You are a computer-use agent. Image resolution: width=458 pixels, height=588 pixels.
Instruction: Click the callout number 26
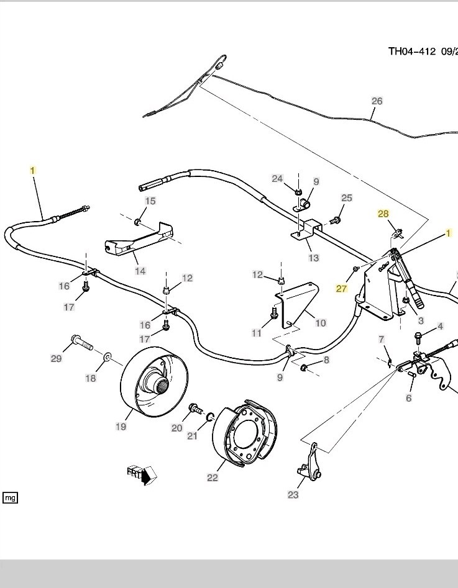(x=377, y=101)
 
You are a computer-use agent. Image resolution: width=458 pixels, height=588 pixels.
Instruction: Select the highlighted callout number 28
(x=383, y=214)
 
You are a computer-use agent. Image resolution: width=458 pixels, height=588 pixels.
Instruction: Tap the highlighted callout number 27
(x=341, y=288)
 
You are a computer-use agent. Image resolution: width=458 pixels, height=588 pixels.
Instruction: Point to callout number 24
(x=277, y=179)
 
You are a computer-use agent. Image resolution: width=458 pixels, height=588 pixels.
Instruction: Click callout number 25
(x=347, y=198)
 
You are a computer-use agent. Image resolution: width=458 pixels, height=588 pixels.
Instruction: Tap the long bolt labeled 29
(x=81, y=341)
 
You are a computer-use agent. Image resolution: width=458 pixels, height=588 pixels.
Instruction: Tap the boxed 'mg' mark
(x=10, y=497)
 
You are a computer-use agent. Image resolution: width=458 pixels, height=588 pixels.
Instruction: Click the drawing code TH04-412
(x=412, y=51)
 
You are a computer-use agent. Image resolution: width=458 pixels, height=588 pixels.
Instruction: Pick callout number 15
(x=150, y=201)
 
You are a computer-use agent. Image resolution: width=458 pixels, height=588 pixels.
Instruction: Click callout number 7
(x=382, y=339)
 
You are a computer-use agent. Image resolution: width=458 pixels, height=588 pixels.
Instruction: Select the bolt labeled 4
(x=418, y=337)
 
